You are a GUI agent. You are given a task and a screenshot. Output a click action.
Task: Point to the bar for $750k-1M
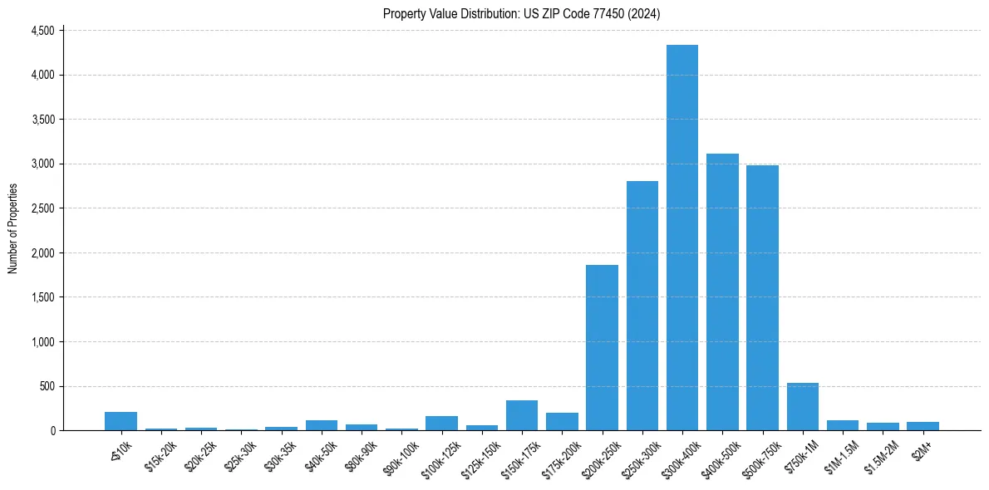pyautogui.click(x=802, y=407)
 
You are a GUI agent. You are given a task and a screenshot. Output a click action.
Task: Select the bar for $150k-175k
pyautogui.click(x=521, y=415)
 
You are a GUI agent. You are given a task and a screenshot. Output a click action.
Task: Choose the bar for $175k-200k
pyautogui.click(x=562, y=422)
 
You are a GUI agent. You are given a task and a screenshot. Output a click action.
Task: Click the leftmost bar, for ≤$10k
pyautogui.click(x=121, y=421)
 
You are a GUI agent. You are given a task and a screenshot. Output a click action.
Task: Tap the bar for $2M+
pyautogui.click(x=923, y=426)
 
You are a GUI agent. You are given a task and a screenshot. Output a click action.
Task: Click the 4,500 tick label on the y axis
pyautogui.click(x=42, y=31)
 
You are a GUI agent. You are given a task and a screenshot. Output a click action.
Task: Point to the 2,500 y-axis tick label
pyautogui.click(x=42, y=208)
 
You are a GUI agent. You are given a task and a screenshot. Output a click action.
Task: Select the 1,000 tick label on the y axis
pyautogui.click(x=42, y=341)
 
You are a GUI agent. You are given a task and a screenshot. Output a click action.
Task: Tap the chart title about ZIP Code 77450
pyautogui.click(x=521, y=13)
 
